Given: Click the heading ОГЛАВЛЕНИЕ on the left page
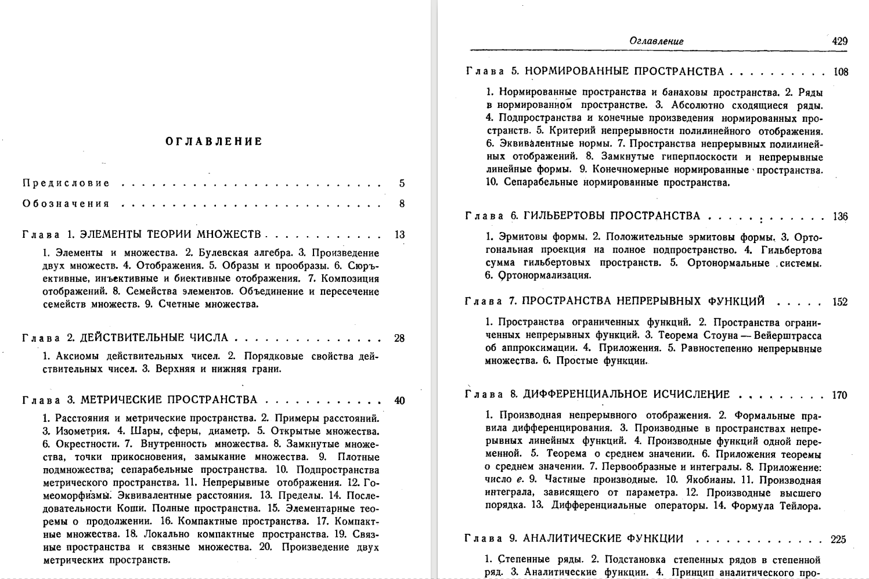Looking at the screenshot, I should pyautogui.click(x=214, y=142).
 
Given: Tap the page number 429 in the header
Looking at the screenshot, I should pyautogui.click(x=839, y=41).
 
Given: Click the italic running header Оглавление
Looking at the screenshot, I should pyautogui.click(x=656, y=41).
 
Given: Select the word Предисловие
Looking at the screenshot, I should pyautogui.click(x=66, y=183).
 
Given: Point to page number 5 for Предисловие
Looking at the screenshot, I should pyautogui.click(x=402, y=184).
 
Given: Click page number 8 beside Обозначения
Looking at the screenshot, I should pyautogui.click(x=402, y=204).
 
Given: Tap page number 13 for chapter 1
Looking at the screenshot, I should pyautogui.click(x=399, y=235).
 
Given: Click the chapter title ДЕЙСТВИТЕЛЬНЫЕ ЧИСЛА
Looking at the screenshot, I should pyautogui.click(x=154, y=338).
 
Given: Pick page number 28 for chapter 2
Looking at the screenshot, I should pyautogui.click(x=399, y=338).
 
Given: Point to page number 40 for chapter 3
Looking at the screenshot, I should pyautogui.click(x=399, y=400).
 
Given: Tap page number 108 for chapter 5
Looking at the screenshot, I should pyautogui.click(x=840, y=73).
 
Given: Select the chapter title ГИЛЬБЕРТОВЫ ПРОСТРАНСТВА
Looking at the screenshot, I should pyautogui.click(x=611, y=216).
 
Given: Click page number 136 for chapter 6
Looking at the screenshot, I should pyautogui.click(x=840, y=217).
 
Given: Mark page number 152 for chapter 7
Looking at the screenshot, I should pyautogui.click(x=839, y=302).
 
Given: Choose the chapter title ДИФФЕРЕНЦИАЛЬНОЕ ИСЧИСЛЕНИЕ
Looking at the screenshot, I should pyautogui.click(x=626, y=395).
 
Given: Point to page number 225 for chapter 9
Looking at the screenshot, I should pyautogui.click(x=838, y=539).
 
